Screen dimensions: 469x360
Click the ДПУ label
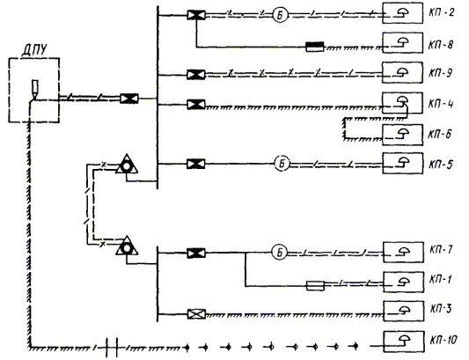click(34, 49)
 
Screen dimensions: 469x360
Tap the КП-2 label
click(442, 13)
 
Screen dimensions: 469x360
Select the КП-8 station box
click(403, 43)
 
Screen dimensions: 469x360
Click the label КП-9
click(441, 73)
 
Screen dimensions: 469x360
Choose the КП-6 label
click(440, 134)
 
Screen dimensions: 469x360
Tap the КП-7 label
click(442, 250)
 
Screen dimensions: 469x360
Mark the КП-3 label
click(442, 309)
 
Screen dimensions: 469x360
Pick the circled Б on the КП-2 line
click(280, 15)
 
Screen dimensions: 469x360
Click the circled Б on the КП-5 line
click(282, 164)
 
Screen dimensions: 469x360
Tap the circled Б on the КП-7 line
click(279, 253)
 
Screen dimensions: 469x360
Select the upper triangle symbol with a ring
click(127, 165)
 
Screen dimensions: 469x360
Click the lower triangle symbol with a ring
click(127, 246)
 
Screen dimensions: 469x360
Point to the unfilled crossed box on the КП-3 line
click(196, 314)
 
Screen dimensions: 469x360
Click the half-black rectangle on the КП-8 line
click(315, 47)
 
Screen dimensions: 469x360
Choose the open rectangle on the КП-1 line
click(315, 286)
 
